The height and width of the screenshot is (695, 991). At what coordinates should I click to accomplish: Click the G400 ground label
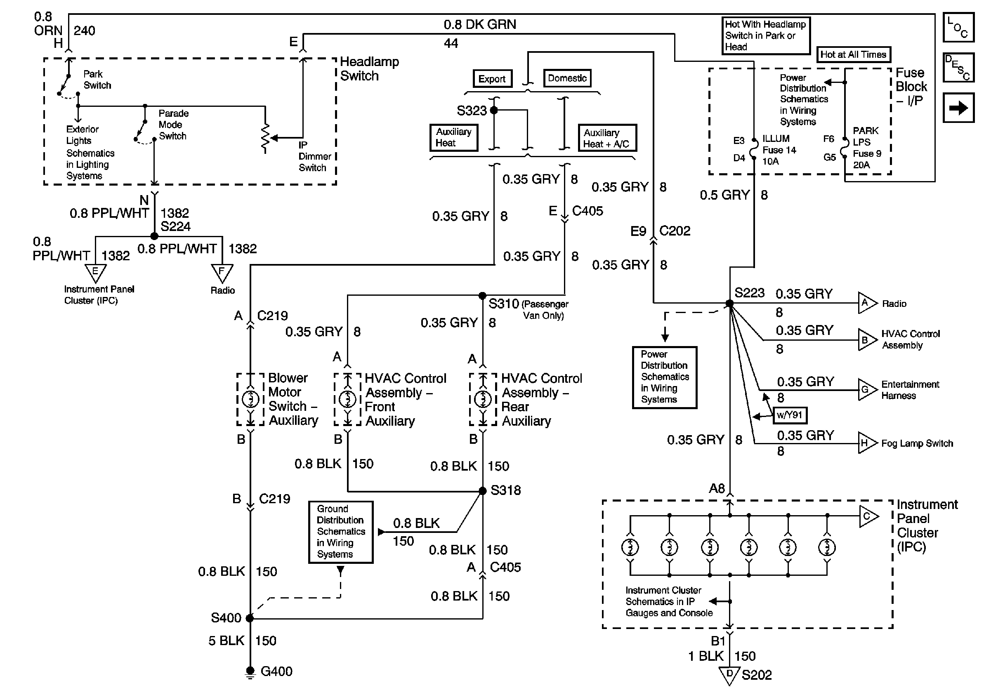276,671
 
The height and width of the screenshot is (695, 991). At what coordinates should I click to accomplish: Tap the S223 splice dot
729,303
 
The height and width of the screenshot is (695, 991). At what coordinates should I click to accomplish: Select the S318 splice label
505,490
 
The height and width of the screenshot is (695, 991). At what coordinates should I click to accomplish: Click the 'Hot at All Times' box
853,55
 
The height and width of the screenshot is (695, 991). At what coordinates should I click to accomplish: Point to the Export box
492,79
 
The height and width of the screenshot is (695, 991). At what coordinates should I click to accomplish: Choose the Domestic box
567,78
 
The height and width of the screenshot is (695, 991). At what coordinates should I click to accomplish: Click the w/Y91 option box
789,415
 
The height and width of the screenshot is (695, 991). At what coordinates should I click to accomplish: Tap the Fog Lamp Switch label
917,443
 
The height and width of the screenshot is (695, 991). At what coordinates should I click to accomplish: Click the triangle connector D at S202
729,675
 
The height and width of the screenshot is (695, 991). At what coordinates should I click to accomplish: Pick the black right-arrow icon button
958,107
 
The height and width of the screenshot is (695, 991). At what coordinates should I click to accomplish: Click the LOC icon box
958,27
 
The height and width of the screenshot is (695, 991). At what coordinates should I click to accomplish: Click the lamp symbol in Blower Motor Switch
250,398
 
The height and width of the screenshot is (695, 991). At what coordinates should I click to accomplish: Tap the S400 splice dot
250,618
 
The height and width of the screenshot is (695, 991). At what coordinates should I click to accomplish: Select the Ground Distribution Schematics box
340,532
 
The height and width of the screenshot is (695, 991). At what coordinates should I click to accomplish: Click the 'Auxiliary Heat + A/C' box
607,138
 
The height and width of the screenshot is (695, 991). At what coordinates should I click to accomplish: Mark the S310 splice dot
483,295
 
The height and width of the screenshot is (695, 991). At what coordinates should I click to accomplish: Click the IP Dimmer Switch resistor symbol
265,138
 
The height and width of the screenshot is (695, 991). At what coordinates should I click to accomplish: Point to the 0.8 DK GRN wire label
479,25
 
